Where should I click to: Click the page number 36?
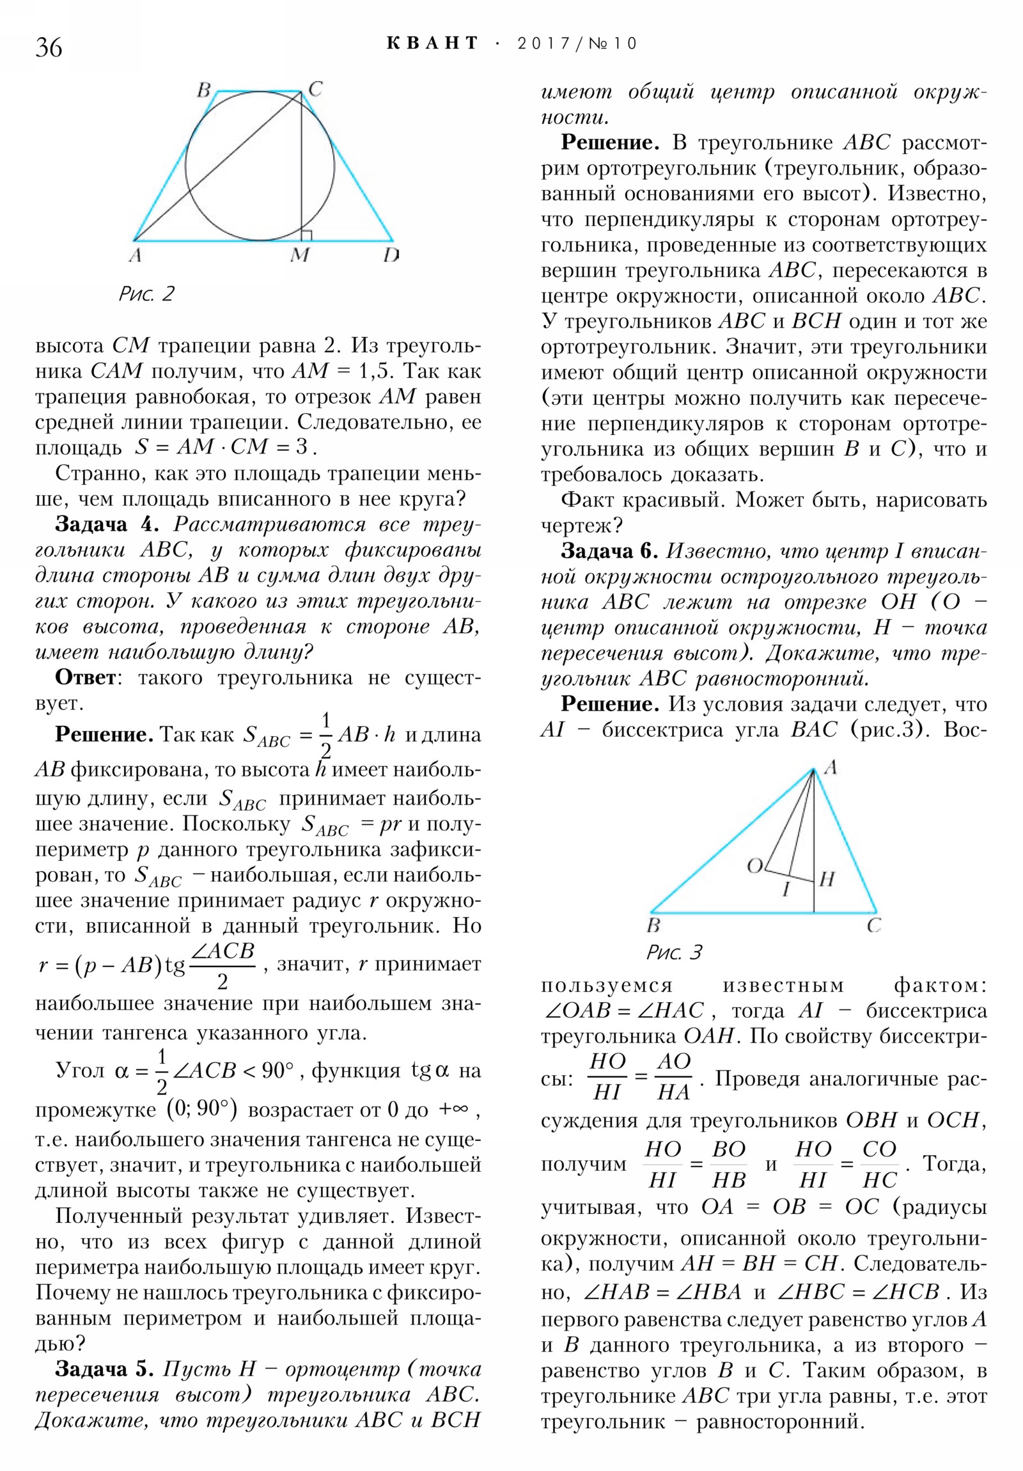pyautogui.click(x=49, y=47)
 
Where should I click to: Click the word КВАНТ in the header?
pyautogui.click(x=432, y=43)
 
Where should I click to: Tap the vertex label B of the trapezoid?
pyautogui.click(x=204, y=90)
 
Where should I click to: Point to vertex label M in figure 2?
pyautogui.click(x=299, y=255)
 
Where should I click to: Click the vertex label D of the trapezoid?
pyautogui.click(x=391, y=255)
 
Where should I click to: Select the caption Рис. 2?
pyautogui.click(x=146, y=294)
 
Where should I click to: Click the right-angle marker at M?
pyautogui.click(x=306, y=235)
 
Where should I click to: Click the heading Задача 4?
pyautogui.click(x=106, y=524)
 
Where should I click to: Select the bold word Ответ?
pyautogui.click(x=86, y=677)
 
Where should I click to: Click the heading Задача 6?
pyautogui.click(x=609, y=550)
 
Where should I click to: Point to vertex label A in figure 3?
pyautogui.click(x=830, y=767)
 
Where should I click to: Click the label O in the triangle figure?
pyautogui.click(x=754, y=866)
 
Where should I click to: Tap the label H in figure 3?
pyautogui.click(x=827, y=879)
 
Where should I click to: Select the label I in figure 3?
pyautogui.click(x=786, y=888)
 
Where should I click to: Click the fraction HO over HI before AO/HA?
pyautogui.click(x=607, y=1078)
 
